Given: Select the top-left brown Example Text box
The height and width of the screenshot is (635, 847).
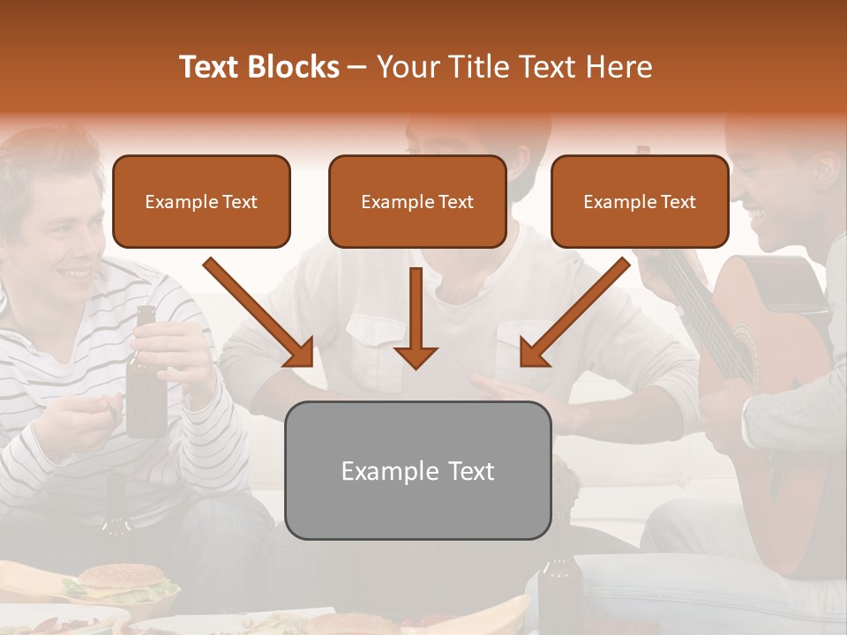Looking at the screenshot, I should [201, 202].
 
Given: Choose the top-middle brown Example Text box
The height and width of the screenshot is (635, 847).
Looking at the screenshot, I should [417, 202].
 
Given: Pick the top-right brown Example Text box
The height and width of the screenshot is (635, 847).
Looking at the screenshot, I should [640, 202].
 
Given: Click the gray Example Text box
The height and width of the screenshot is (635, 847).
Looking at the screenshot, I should [418, 471].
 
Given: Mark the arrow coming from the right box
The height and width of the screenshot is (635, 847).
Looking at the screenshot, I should [574, 312].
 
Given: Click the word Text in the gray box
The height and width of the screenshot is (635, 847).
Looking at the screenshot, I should [470, 471].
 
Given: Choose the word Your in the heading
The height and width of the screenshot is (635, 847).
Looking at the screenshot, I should [405, 67].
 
